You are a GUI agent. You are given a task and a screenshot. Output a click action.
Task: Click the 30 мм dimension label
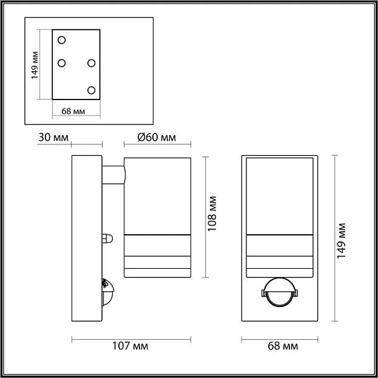[x=53, y=137]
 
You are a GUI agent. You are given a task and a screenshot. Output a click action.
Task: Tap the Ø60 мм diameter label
[x=157, y=137]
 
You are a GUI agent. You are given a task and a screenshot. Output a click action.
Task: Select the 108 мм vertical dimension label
[x=212, y=214]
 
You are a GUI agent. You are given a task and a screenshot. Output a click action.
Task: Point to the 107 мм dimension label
[x=130, y=346]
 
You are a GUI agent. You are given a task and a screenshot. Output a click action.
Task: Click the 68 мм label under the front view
[x=283, y=346]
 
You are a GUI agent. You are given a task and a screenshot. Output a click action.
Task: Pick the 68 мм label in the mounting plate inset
[x=73, y=111]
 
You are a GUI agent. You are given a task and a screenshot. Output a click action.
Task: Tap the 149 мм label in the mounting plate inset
[x=35, y=65]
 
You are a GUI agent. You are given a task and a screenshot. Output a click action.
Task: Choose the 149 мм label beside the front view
[x=341, y=241]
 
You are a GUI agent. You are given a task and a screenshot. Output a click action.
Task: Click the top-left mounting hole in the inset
[x=62, y=40]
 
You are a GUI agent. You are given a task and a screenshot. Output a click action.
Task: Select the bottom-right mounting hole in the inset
[x=92, y=90]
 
